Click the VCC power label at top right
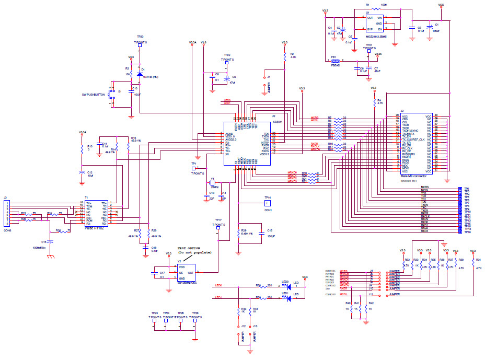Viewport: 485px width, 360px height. [441, 4]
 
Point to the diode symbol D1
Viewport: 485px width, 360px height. [139, 74]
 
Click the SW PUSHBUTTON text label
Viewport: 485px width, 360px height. [94, 95]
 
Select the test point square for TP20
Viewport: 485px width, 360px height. [140, 45]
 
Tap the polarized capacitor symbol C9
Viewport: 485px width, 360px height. [227, 79]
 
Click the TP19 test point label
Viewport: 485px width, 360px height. [467, 231]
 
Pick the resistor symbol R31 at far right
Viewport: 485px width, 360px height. [471, 264]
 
